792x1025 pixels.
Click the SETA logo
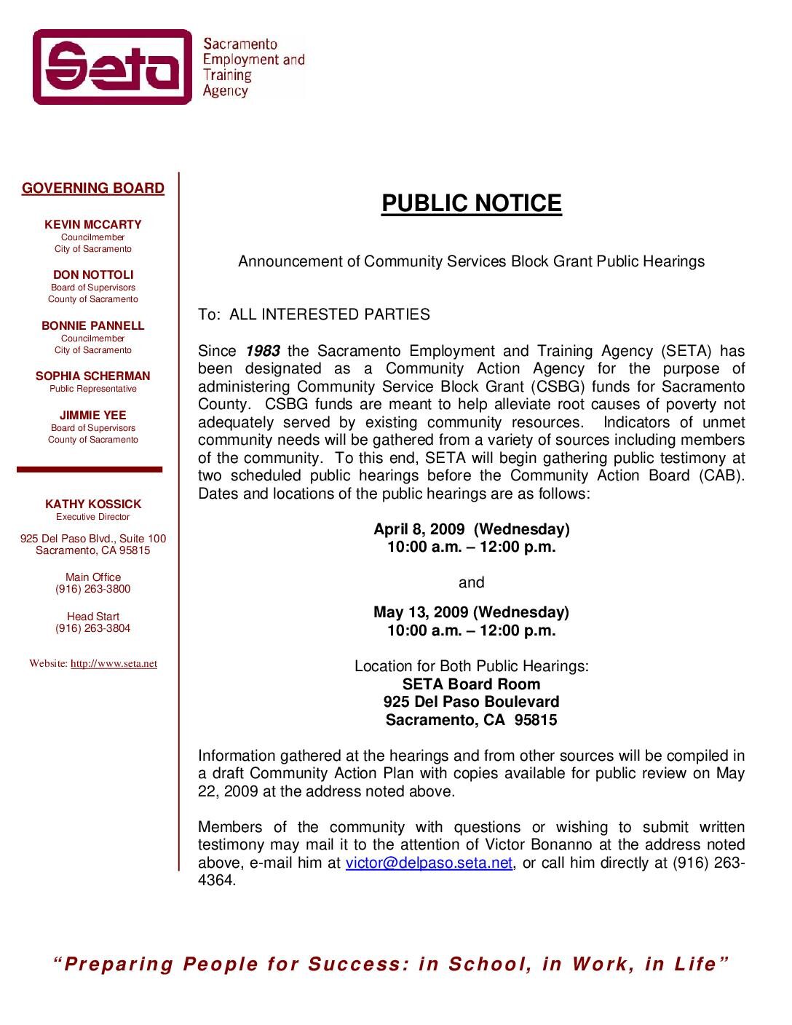tap(113, 67)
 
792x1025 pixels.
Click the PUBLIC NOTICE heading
tap(471, 203)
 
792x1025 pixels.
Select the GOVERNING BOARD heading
tap(93, 188)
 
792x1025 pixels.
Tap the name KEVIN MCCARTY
tap(93, 224)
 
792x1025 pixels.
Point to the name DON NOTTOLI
tap(93, 274)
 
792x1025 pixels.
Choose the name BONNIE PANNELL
tap(93, 325)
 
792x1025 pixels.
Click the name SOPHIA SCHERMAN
tap(93, 376)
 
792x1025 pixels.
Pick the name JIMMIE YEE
tap(93, 415)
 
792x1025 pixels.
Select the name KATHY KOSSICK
tap(93, 504)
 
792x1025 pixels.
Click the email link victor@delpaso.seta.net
tap(429, 863)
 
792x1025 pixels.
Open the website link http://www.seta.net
tap(114, 664)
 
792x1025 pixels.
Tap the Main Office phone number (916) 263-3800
tap(93, 589)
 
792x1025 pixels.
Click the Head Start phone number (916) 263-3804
tap(93, 628)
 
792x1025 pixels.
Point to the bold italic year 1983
tap(263, 351)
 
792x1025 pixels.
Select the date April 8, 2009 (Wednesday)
tap(471, 529)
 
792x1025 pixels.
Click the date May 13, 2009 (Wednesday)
tap(471, 612)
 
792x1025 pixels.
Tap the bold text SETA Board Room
tap(471, 684)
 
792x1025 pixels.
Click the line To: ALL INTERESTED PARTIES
tap(314, 314)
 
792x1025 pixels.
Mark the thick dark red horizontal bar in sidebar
tap(90, 470)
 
